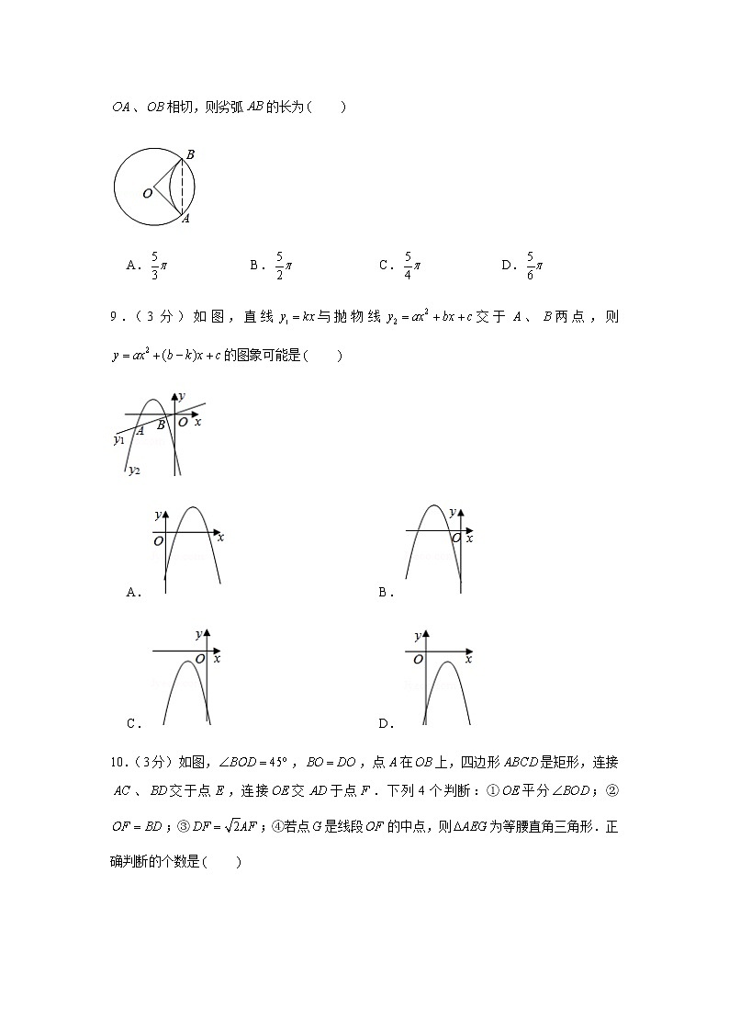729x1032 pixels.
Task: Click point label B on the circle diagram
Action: click(189, 155)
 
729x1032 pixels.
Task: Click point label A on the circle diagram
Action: click(185, 219)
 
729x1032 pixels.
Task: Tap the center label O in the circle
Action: click(146, 194)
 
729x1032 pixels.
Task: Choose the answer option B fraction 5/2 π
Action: click(283, 266)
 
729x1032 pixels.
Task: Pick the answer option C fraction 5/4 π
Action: click(411, 266)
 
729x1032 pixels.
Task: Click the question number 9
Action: click(116, 317)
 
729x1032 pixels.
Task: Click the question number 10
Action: click(118, 762)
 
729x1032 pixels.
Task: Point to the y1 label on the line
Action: click(119, 440)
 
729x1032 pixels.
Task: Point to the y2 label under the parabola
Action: click(134, 470)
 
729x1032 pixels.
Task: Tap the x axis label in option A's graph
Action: click(220, 535)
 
